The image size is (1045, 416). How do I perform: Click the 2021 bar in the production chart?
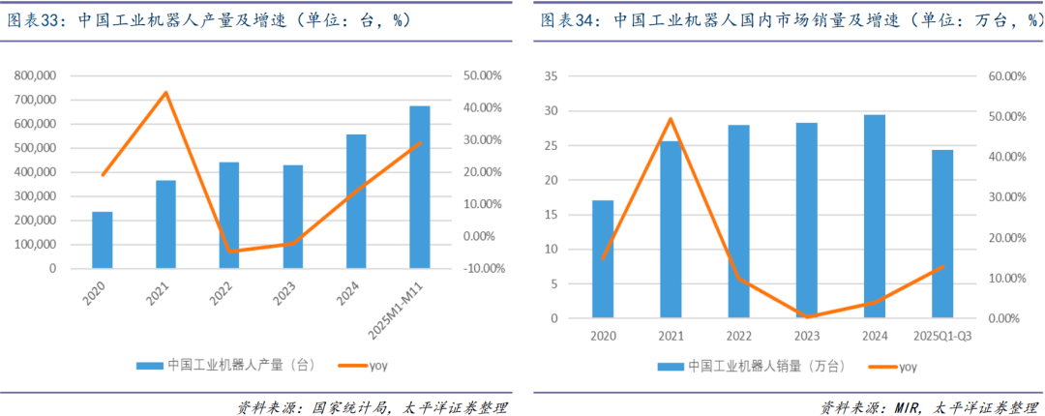[x=165, y=223]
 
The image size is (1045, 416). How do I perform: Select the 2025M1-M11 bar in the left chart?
[x=420, y=187]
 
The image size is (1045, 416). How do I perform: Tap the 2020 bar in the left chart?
[x=103, y=239]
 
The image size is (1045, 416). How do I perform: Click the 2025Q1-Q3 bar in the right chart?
[x=942, y=233]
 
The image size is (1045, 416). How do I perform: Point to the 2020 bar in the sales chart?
[x=603, y=258]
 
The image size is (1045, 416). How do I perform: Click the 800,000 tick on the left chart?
[x=36, y=75]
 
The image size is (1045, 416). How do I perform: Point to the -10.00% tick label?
[x=480, y=268]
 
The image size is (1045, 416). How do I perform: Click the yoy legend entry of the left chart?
[x=377, y=366]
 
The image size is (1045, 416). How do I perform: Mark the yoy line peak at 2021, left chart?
[x=165, y=93]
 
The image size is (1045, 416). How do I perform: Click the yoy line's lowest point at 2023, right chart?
[x=807, y=316]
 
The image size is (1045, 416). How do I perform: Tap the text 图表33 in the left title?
[x=35, y=19]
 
